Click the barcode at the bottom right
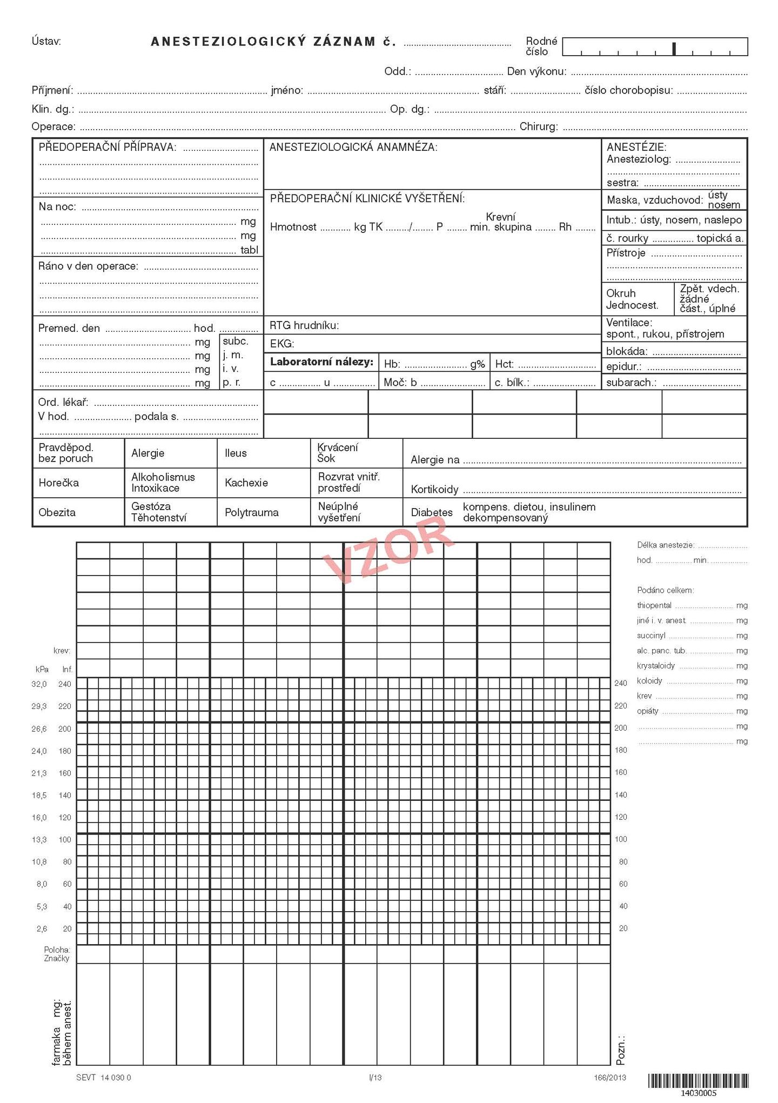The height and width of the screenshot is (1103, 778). (698, 1080)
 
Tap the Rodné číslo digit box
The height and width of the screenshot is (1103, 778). (655, 47)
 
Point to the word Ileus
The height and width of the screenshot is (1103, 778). (236, 453)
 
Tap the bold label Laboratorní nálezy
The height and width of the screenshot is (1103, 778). (322, 362)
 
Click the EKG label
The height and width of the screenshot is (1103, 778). (282, 344)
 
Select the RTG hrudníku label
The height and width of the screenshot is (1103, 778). (304, 325)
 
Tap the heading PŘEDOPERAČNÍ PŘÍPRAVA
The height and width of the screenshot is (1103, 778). (107, 147)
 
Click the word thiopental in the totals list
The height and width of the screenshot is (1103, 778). (654, 605)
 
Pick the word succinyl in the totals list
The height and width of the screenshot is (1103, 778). (651, 636)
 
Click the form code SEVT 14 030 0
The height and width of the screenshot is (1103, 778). (104, 1077)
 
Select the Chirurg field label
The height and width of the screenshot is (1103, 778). (539, 126)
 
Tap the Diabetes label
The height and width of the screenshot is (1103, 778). (432, 512)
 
